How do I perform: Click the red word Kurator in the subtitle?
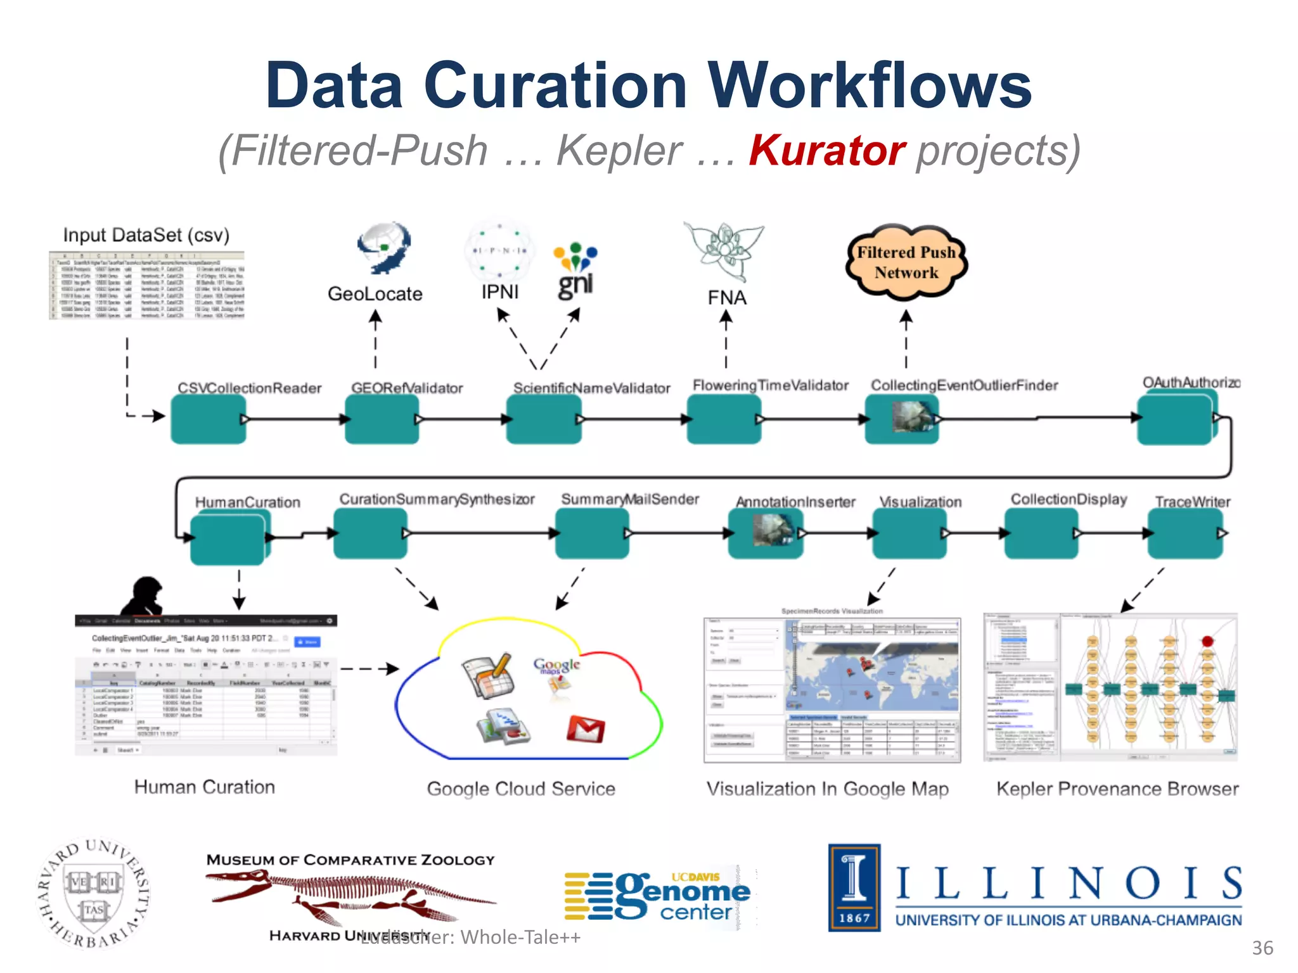(x=826, y=151)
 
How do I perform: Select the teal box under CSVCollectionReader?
(x=208, y=419)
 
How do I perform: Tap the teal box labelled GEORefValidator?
(x=382, y=419)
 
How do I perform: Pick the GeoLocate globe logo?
(x=384, y=248)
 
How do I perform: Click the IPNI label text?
(x=499, y=292)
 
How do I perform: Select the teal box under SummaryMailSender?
(x=591, y=533)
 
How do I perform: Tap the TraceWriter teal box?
(x=1185, y=533)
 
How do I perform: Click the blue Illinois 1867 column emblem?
(x=854, y=887)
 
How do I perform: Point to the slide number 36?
(x=1262, y=948)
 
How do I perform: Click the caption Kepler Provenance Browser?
(x=1117, y=789)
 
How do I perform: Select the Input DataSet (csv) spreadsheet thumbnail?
(x=146, y=285)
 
